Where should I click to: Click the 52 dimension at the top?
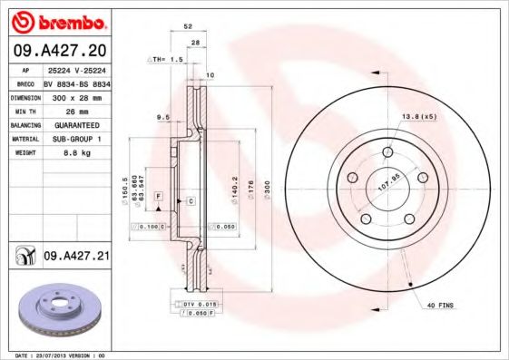pos(187,26)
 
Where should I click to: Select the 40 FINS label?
pos(441,306)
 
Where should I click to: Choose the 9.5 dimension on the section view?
pos(162,117)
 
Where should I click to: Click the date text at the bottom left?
pos(54,355)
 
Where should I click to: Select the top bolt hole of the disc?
pos(387,151)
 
